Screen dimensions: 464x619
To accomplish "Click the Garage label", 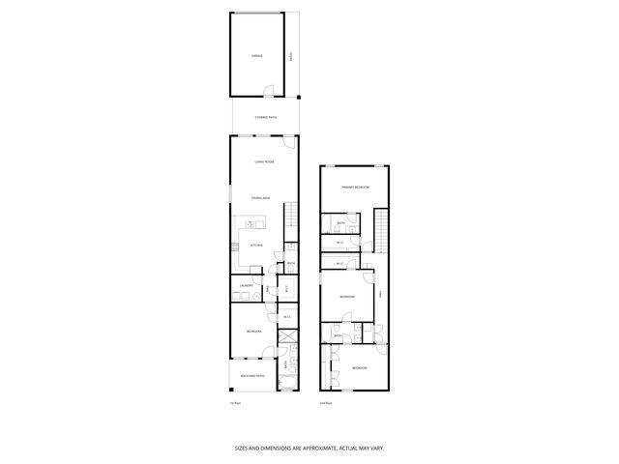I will click(x=256, y=55).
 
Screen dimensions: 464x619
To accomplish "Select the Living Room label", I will click(x=263, y=161).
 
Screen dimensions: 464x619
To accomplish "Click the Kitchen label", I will click(x=257, y=246).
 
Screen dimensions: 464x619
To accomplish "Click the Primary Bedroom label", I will click(x=355, y=187).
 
